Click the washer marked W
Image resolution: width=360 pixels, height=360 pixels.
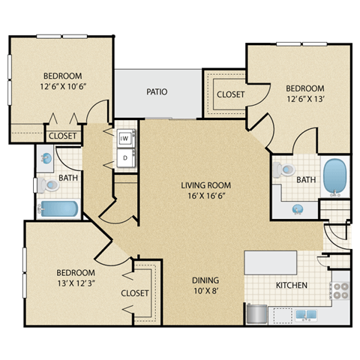[126, 139]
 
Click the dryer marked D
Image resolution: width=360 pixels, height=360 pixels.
[126, 158]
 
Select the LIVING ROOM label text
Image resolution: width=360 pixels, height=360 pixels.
[205, 185]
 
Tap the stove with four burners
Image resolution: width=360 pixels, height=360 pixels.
[340, 290]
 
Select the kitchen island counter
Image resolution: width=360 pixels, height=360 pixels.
[271, 262]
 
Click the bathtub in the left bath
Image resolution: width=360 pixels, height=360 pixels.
[58, 208]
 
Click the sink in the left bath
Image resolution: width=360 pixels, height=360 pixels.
[46, 158]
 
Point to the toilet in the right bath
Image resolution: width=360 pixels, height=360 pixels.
[283, 170]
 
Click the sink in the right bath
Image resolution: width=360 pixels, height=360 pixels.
[298, 208]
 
